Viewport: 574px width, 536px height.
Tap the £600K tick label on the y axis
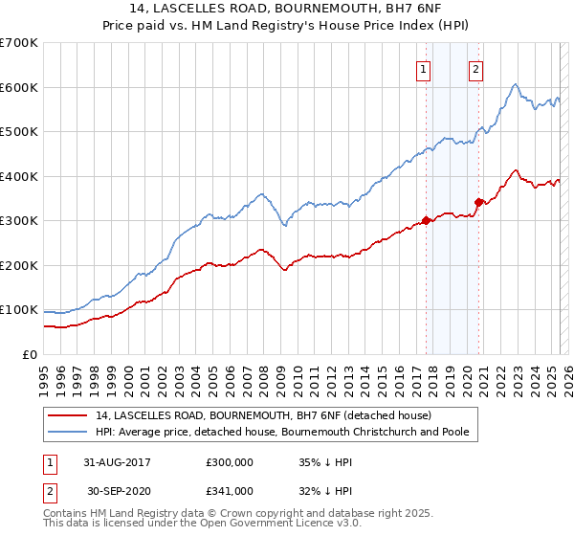click(18, 87)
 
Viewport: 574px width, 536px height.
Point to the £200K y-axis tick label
click(18, 265)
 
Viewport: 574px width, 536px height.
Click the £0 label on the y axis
click(30, 354)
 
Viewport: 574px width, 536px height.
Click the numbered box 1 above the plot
click(423, 68)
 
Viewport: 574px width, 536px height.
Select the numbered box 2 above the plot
click(475, 68)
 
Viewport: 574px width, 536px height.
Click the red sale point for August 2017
click(426, 221)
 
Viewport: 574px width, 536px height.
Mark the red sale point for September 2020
click(478, 202)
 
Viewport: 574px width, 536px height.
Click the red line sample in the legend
click(68, 415)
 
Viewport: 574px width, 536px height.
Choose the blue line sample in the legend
click(68, 432)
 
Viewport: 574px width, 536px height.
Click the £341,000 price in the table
click(230, 490)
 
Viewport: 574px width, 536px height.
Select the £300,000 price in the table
click(230, 462)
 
